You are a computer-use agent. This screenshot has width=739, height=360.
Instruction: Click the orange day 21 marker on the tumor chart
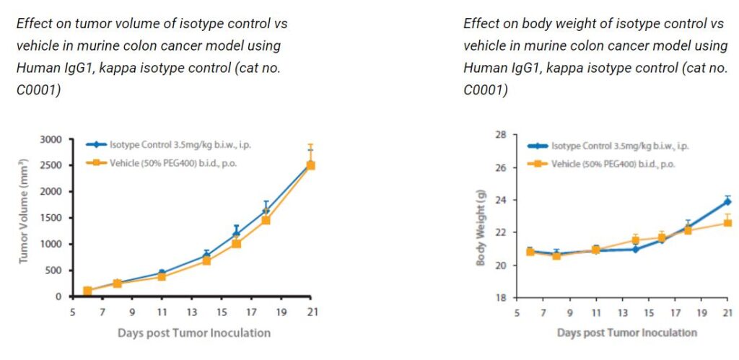tap(311, 165)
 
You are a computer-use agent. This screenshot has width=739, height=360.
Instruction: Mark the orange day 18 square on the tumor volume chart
tap(266, 220)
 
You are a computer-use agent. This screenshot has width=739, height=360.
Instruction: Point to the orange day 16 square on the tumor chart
tap(236, 244)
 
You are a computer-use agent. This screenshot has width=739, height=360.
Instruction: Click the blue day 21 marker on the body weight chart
tap(727, 201)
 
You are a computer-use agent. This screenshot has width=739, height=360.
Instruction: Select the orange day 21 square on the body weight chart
tap(727, 223)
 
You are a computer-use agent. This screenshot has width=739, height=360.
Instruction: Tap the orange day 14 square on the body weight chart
tap(636, 240)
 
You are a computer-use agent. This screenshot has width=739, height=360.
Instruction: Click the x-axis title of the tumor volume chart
tap(194, 333)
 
